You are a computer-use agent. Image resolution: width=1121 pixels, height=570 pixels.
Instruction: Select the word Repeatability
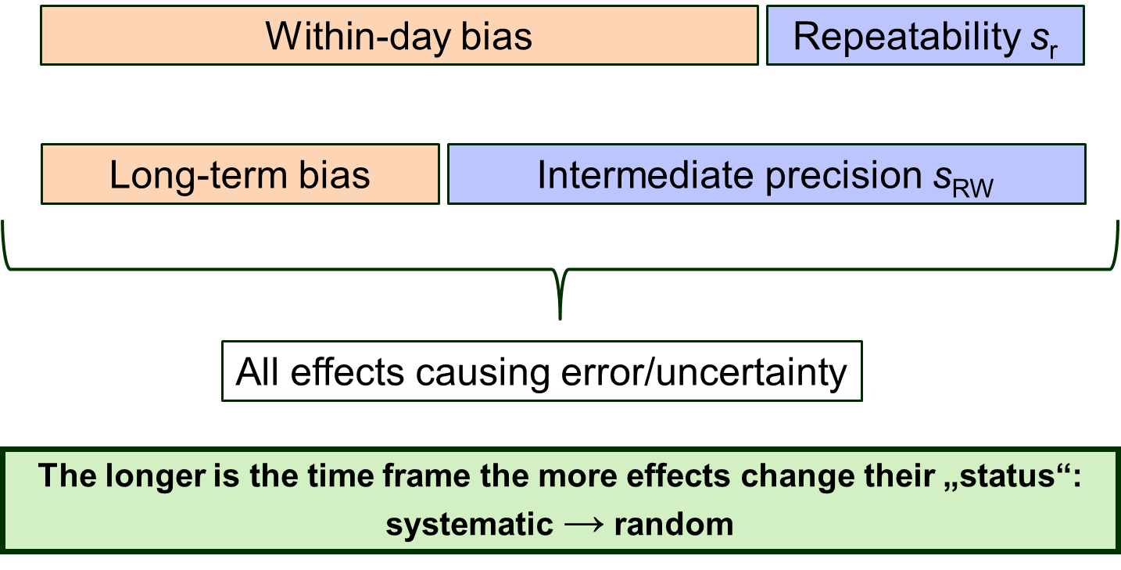click(x=906, y=37)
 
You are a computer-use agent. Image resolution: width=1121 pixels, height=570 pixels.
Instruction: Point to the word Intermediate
click(x=646, y=175)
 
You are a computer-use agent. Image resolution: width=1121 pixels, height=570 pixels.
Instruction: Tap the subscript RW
click(x=972, y=188)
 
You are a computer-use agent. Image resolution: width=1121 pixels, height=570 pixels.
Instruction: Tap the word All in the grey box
click(x=257, y=372)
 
